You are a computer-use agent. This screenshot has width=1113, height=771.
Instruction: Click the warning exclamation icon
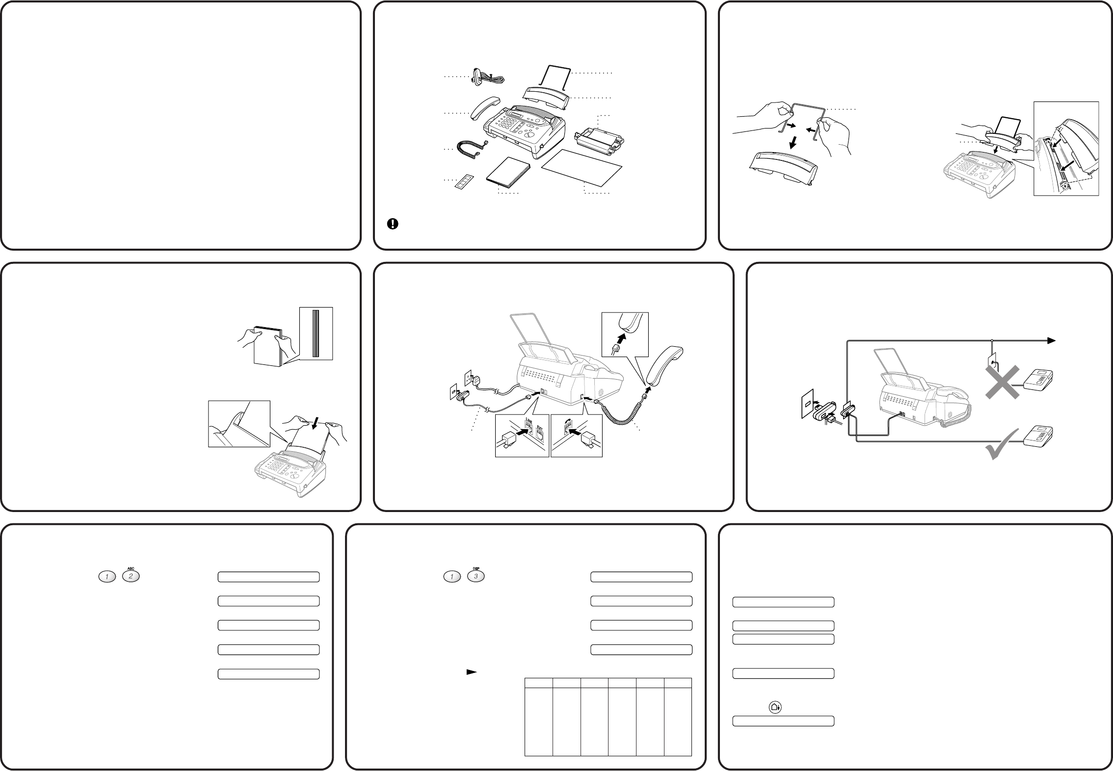click(393, 224)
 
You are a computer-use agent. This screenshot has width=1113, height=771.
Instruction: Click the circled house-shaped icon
click(775, 707)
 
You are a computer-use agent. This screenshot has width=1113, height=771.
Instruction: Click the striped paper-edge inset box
click(316, 333)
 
